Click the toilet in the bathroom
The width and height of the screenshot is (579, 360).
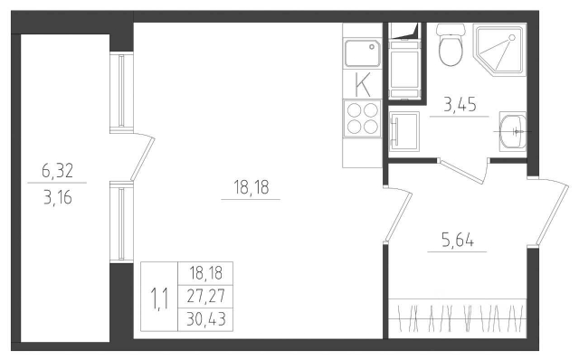tap(450, 46)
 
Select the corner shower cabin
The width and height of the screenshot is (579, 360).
tap(499, 50)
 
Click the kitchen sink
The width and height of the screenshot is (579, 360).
tap(364, 54)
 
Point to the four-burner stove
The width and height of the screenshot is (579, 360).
tap(364, 118)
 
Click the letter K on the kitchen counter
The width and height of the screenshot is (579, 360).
tap(364, 85)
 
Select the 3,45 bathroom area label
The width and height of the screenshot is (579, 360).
tap(462, 105)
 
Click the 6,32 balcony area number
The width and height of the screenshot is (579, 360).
tap(59, 169)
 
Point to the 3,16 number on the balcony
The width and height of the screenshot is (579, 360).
tap(59, 194)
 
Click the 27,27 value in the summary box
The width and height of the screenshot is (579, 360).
tap(206, 295)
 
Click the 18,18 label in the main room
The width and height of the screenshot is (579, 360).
tap(251, 188)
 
